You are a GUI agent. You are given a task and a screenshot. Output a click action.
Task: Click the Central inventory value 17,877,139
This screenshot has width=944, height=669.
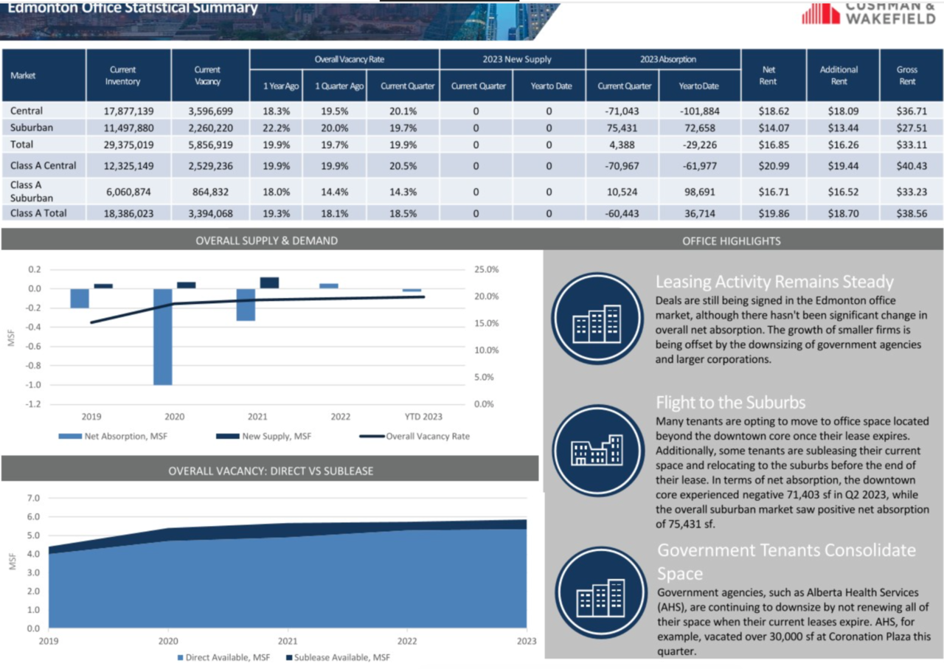coord(128,111)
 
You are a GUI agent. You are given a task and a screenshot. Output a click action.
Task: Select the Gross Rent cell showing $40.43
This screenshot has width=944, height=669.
coord(912,166)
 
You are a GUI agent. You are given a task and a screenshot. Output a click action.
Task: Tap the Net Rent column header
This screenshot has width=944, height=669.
coord(768,75)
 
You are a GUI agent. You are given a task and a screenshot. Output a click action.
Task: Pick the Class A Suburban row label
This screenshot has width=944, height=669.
coord(32,191)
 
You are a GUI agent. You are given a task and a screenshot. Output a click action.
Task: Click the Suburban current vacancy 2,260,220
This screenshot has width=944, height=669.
coord(210,128)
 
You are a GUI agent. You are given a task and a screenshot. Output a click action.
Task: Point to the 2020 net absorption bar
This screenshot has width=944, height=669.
coord(163,337)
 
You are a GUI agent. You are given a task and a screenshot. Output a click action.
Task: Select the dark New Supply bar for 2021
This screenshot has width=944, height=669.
coord(269,282)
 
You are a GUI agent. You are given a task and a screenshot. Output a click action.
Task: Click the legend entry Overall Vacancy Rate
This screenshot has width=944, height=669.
coord(414,437)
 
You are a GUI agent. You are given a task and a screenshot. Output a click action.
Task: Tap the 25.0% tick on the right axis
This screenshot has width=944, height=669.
coord(486,269)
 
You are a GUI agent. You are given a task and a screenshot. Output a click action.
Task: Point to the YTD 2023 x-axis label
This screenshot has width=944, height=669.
coord(423,417)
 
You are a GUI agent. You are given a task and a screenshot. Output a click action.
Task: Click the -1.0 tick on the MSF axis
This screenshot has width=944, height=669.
coord(33,385)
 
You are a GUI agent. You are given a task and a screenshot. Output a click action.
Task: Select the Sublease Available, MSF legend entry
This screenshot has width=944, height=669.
coord(339,658)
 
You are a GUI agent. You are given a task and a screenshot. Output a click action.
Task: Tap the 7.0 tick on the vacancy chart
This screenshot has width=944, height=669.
coord(33,499)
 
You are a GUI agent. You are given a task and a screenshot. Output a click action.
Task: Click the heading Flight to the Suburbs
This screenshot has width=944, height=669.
coord(730,403)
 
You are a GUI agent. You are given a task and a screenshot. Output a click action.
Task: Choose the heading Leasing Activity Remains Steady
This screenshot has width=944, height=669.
coord(774,282)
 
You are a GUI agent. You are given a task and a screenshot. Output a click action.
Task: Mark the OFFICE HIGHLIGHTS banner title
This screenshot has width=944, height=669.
coord(731,241)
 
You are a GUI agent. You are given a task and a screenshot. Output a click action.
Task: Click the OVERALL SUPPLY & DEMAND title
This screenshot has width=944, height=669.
coord(266,240)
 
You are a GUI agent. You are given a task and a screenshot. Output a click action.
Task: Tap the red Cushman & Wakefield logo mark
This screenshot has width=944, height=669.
coord(821,13)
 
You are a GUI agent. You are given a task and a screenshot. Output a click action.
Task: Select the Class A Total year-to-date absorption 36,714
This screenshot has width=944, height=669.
coord(700,214)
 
